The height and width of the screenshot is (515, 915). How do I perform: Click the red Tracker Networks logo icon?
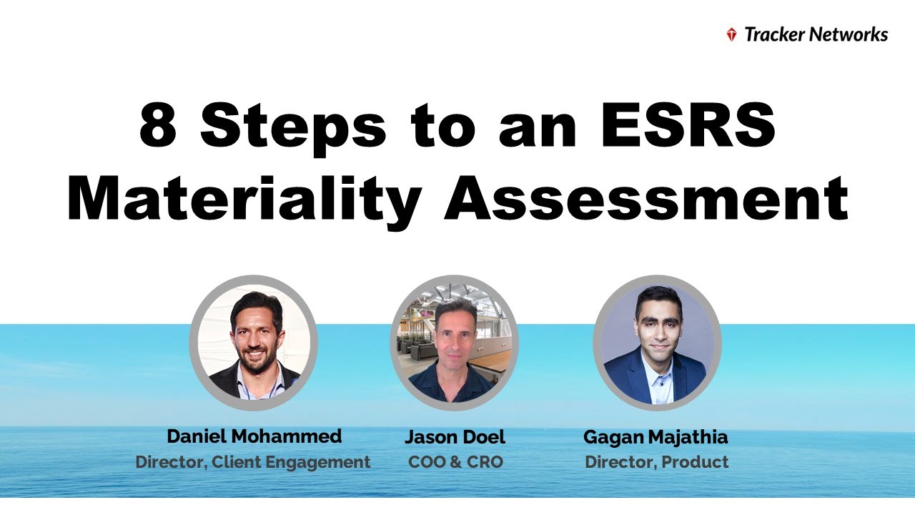pyautogui.click(x=731, y=34)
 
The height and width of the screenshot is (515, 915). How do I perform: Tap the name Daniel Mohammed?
pyautogui.click(x=254, y=436)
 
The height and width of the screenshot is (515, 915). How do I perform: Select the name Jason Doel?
pyautogui.click(x=455, y=436)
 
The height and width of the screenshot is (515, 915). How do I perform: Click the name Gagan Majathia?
pyautogui.click(x=656, y=436)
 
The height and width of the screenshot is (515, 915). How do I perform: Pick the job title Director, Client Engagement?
pyautogui.click(x=253, y=462)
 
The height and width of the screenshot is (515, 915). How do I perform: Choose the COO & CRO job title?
pyautogui.click(x=455, y=462)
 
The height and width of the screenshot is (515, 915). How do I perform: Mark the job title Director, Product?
pyautogui.click(x=657, y=462)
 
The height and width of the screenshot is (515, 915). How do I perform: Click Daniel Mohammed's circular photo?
pyautogui.click(x=253, y=343)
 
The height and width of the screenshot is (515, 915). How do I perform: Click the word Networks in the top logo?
pyautogui.click(x=852, y=34)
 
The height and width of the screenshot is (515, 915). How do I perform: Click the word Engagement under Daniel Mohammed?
pyautogui.click(x=318, y=462)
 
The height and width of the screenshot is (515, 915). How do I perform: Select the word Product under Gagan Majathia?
pyautogui.click(x=695, y=462)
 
